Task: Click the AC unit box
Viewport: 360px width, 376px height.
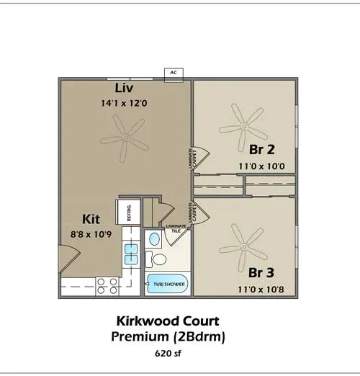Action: coord(174,75)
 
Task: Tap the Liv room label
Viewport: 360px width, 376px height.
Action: coord(124,88)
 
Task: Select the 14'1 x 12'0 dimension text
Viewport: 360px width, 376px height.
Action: coord(124,103)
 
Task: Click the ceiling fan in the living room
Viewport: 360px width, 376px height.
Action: coord(125,138)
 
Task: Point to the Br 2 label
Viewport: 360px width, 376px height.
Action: coord(262,149)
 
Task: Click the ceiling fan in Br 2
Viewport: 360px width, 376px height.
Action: coord(244,127)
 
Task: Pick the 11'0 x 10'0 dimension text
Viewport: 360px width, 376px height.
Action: coord(261,166)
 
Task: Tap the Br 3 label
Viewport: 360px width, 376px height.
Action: coord(261,272)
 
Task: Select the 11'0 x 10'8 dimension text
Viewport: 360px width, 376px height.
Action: coord(261,290)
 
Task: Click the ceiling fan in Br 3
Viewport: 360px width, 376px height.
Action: coord(244,247)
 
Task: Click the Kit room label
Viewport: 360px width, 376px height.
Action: coord(91,219)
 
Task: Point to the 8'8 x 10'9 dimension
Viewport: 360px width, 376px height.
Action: coord(91,234)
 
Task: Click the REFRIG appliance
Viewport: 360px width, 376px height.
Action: coord(128,212)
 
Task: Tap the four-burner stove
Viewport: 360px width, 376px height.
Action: coord(107,286)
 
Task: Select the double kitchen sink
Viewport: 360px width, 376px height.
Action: coord(131,254)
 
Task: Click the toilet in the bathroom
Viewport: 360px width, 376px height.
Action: coord(156,259)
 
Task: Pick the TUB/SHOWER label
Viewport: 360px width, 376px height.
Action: coord(169,285)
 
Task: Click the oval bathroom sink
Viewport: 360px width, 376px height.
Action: coord(154,239)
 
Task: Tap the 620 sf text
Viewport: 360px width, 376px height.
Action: coord(168,354)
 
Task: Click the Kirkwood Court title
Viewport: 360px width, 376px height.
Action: coord(168,321)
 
